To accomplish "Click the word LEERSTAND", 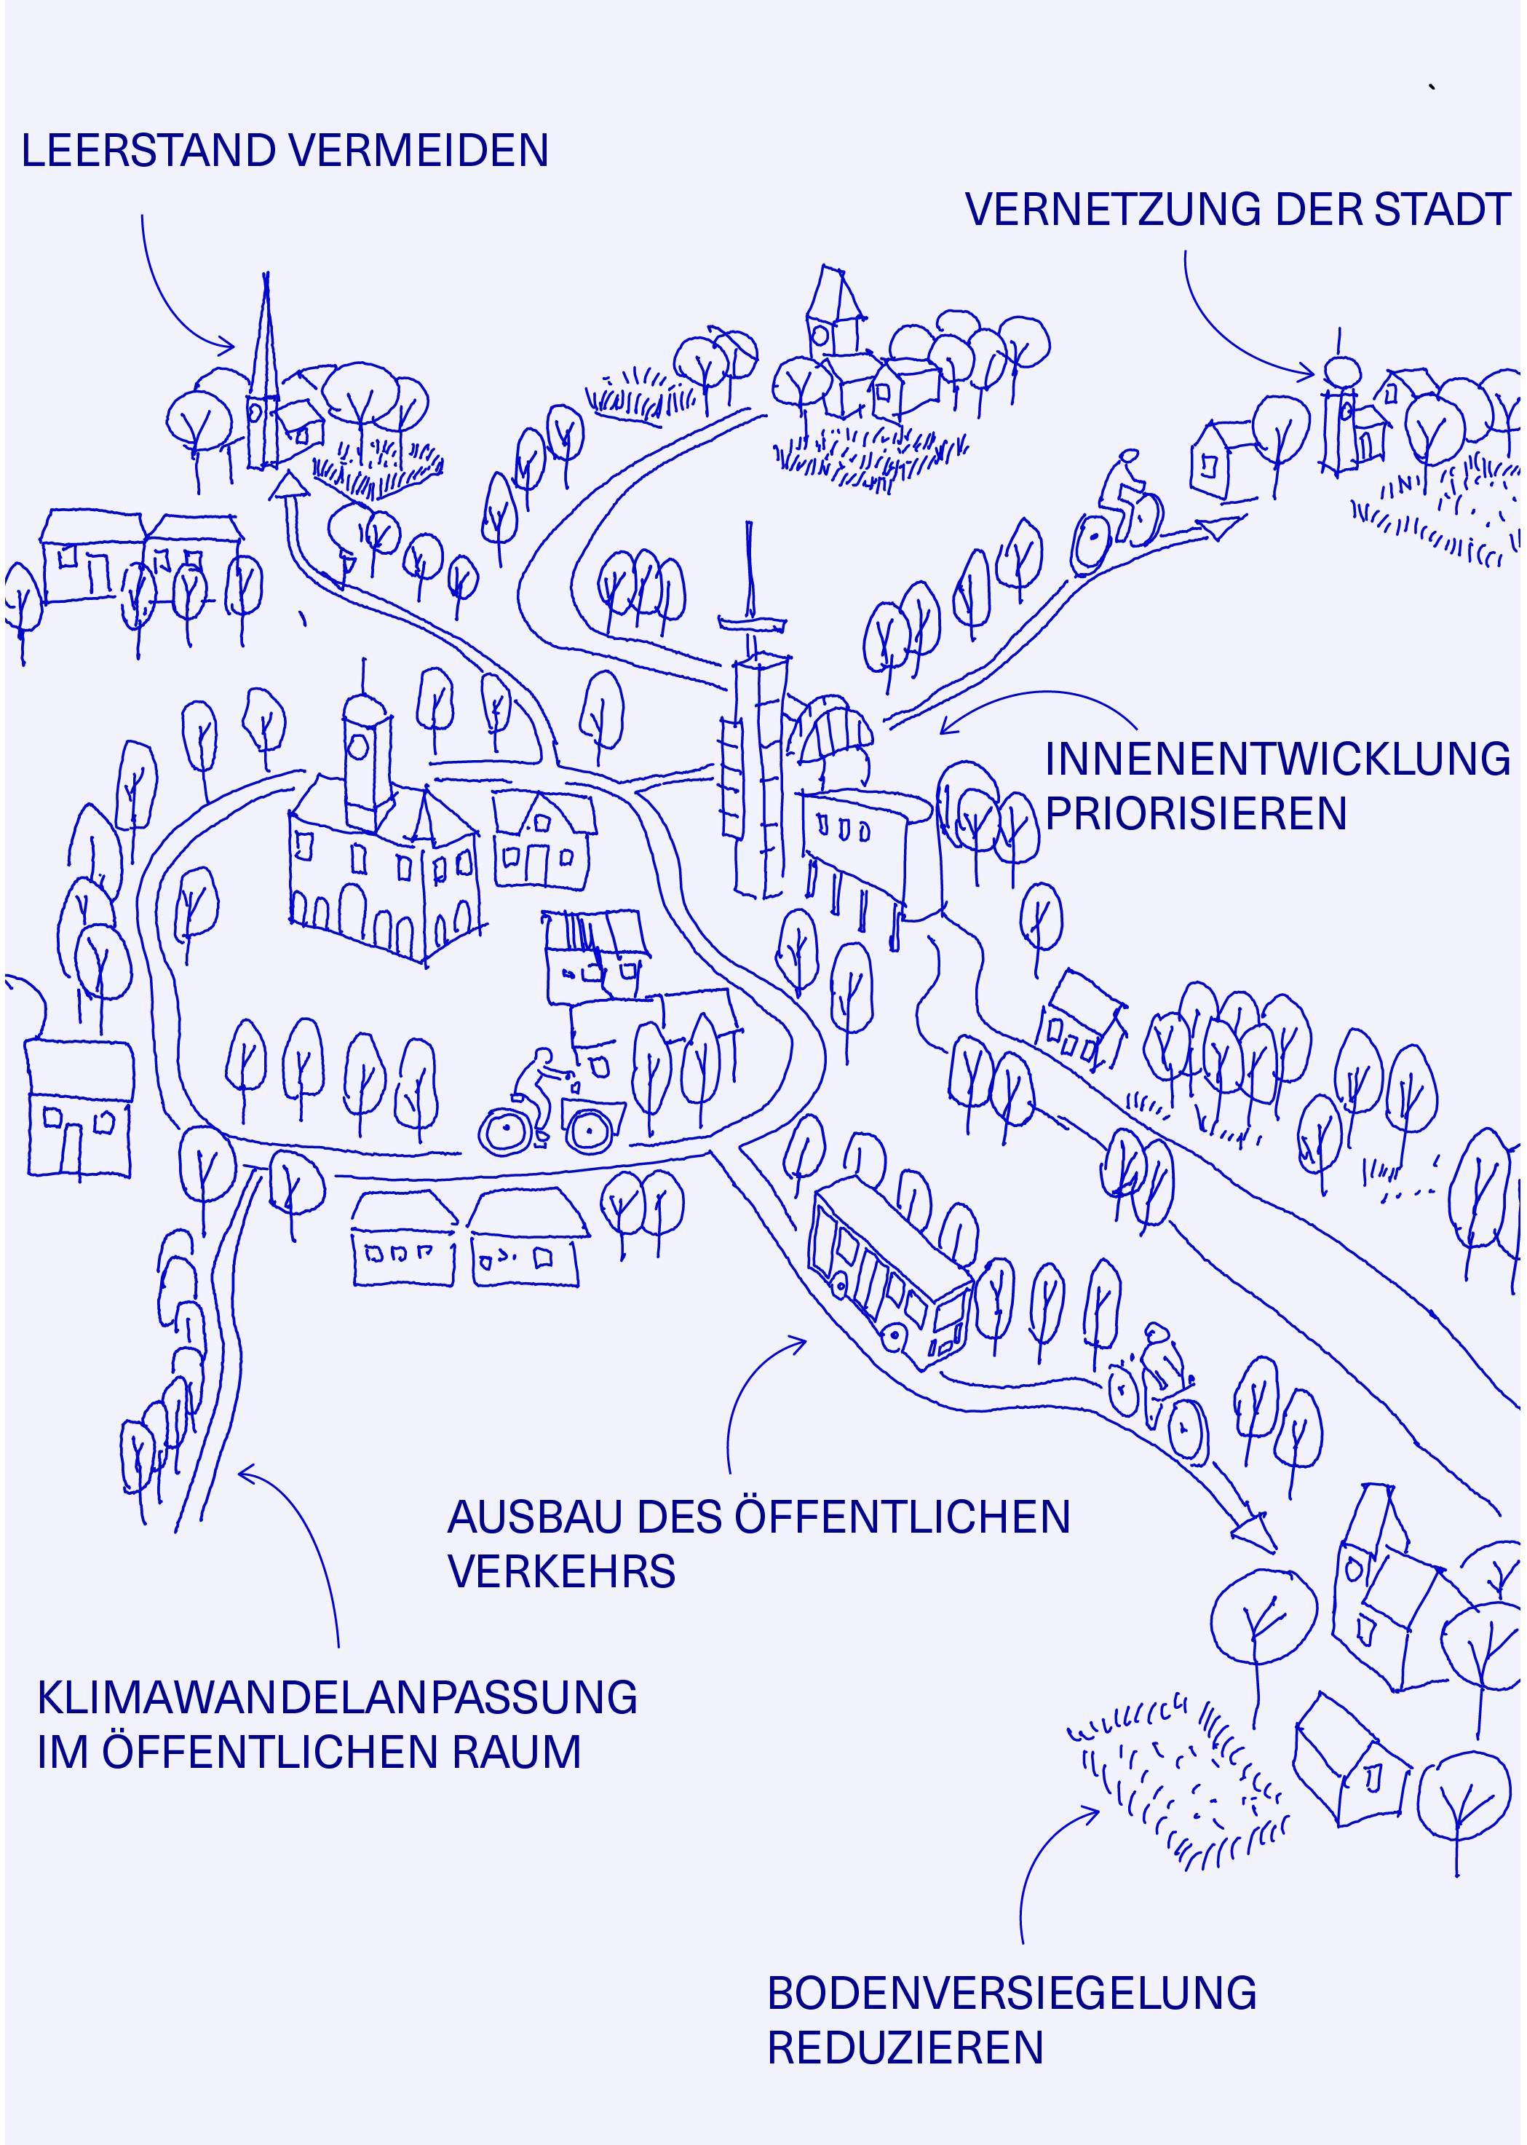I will (148, 151).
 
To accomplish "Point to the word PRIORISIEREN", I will (1196, 814).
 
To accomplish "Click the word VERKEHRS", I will (561, 1572).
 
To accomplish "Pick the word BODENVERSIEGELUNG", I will (1012, 1994).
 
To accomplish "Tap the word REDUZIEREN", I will (905, 2048).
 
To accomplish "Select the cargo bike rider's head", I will (542, 1057).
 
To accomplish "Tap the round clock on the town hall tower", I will (358, 746).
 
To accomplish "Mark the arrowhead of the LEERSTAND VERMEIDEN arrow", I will (226, 345).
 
